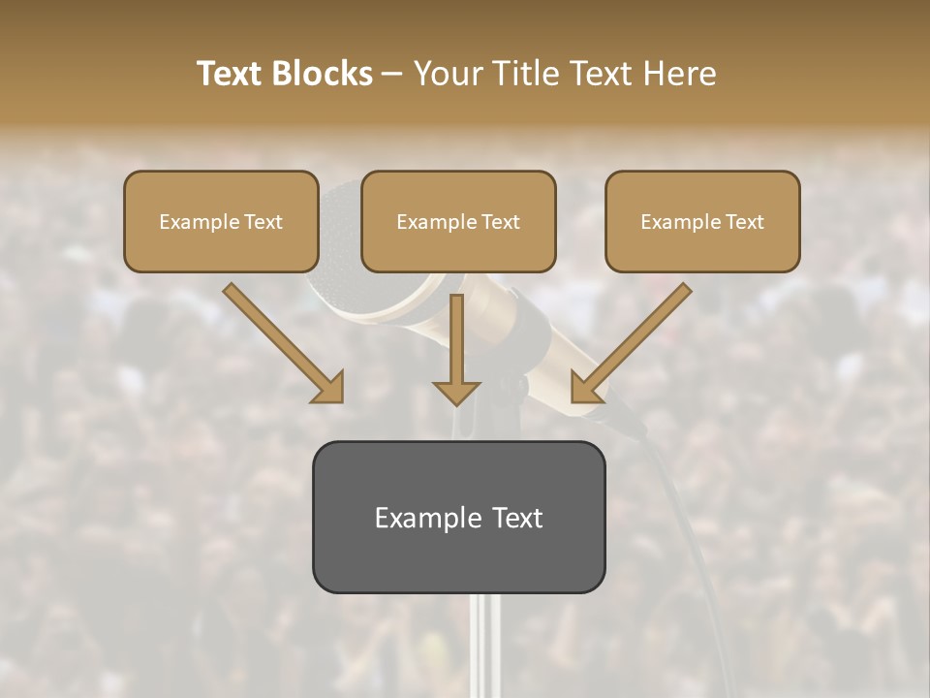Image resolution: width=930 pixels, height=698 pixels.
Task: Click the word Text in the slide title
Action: click(229, 74)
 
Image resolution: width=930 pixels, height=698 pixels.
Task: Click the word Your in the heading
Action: click(447, 74)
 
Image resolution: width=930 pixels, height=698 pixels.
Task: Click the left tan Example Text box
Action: click(221, 221)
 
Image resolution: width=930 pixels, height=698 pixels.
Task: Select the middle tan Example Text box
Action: click(458, 221)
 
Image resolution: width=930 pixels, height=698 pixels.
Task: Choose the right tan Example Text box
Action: click(702, 221)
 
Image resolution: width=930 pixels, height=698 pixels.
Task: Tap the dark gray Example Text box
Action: click(458, 517)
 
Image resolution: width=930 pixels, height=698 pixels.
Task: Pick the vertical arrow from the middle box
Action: click(456, 339)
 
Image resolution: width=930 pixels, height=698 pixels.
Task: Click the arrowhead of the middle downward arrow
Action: click(456, 391)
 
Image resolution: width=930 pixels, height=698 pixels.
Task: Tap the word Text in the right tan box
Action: click(745, 222)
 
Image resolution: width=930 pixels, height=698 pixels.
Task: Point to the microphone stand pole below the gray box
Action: click(484, 645)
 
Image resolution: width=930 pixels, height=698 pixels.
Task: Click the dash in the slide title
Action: click(393, 75)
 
